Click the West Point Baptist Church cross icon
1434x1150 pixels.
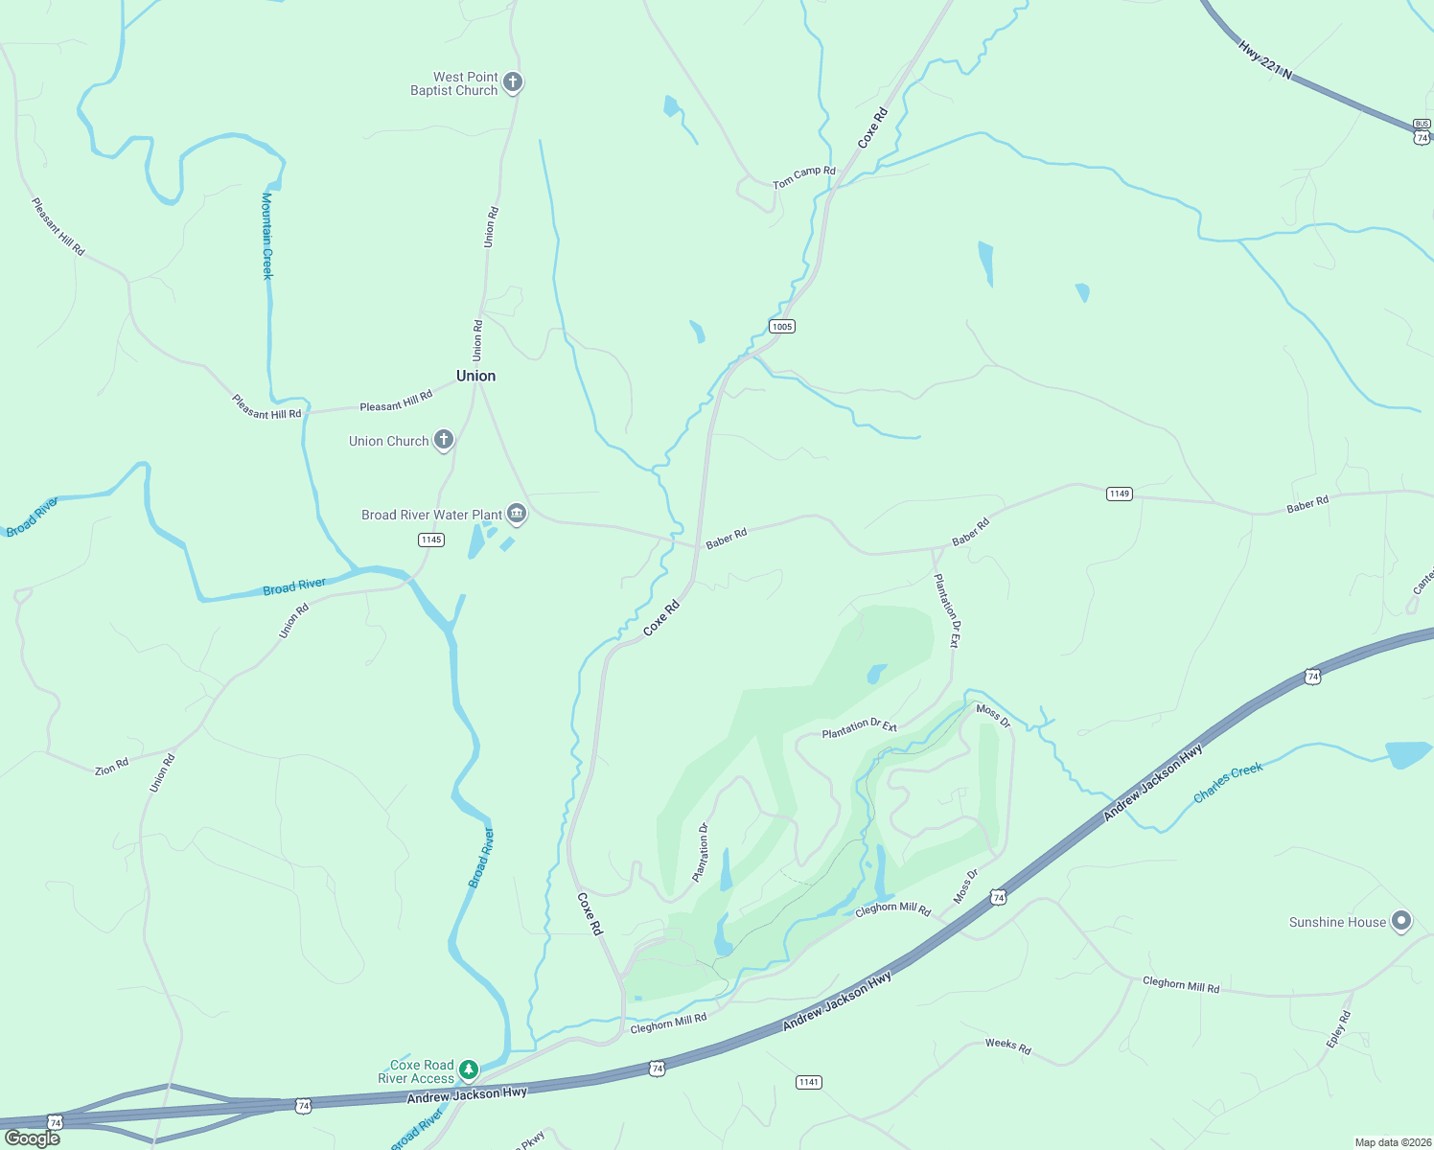[513, 82]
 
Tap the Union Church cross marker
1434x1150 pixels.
[443, 440]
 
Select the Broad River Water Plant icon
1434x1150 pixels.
[517, 515]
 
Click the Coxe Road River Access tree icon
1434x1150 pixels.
[468, 1069]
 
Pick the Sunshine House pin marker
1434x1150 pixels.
[1401, 922]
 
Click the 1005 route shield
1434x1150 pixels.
[782, 327]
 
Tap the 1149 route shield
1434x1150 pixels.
[1120, 494]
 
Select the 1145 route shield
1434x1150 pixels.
[431, 540]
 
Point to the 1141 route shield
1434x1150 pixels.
[809, 1082]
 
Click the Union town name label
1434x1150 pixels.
[475, 376]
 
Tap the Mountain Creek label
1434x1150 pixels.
[267, 236]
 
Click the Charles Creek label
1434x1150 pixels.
[1228, 783]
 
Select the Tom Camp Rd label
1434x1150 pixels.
[804, 176]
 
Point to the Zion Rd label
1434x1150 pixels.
[111, 768]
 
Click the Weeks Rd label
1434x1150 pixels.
[1008, 1046]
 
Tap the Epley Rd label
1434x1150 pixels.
[1339, 1029]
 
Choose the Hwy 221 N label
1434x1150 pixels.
[1264, 59]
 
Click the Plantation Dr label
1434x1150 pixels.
[701, 852]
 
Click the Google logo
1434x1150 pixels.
[33, 1138]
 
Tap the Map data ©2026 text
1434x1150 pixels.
[1391, 1142]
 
